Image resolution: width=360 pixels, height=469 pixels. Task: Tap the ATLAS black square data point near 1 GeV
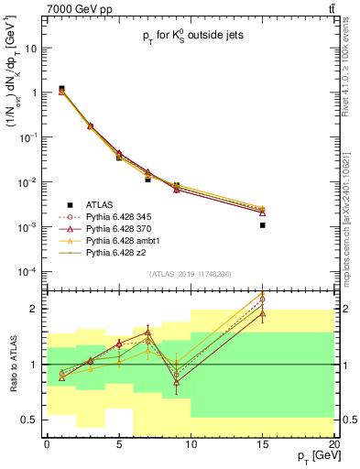point(61,89)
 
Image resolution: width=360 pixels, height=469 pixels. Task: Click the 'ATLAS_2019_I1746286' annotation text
point(190,274)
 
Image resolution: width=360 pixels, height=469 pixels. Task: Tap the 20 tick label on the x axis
point(333,443)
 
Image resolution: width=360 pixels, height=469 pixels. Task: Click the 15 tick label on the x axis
point(262,443)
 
